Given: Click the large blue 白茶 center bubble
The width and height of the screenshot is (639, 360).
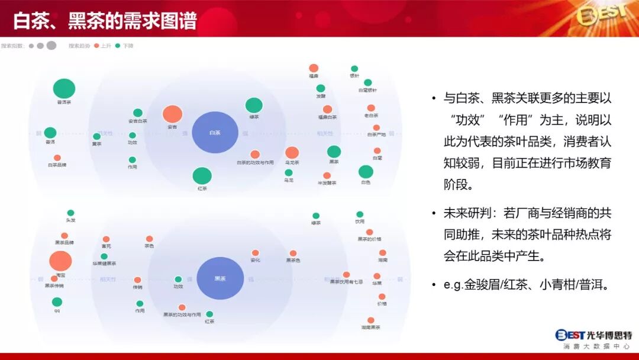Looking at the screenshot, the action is pos(215,132).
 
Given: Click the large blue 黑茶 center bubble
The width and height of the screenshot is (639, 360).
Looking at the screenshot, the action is pos(220,278).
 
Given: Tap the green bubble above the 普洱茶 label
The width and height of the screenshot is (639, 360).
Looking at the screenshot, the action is pos(64,89).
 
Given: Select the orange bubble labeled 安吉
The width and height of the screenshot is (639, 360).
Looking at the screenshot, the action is pos(172,114).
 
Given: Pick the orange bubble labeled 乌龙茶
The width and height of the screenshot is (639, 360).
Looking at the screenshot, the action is pos(292,153).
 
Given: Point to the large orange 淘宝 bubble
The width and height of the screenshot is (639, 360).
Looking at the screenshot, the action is pos(60,261).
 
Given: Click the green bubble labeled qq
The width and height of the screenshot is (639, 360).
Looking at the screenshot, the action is pos(57,302).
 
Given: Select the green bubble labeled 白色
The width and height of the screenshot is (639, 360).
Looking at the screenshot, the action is pos(366,172).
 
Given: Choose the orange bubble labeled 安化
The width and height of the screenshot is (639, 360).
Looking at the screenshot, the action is pos(256,253).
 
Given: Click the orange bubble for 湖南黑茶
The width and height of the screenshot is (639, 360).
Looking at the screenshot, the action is pos(371,320).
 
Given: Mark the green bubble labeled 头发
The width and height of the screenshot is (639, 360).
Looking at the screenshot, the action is pos(71,213).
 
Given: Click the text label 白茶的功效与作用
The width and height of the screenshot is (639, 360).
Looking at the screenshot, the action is pos(255,162).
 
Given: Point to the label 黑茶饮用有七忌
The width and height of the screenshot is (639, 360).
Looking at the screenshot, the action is pos(346,282).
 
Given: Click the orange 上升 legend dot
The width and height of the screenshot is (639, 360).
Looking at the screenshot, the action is pos(96,46).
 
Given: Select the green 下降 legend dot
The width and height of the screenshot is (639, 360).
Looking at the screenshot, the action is pos(118,46).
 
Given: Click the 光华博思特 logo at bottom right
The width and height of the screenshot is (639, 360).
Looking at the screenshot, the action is pos(593,336).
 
